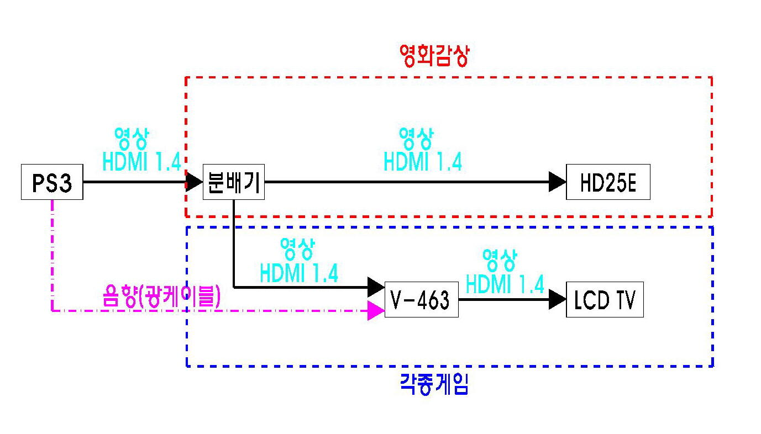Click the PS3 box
(x=52, y=182)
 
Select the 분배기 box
(x=234, y=182)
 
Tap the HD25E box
(x=607, y=182)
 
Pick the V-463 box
(x=421, y=300)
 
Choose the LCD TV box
(x=605, y=300)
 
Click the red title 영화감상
(x=434, y=56)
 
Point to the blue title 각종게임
(x=434, y=384)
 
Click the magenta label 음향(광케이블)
(x=162, y=297)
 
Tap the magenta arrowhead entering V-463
(x=376, y=310)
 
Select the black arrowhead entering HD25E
(x=557, y=182)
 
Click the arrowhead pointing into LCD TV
(x=557, y=300)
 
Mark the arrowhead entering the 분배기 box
(x=194, y=182)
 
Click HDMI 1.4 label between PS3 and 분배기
(x=141, y=161)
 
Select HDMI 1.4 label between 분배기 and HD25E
(x=423, y=161)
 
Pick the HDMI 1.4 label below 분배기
(x=299, y=273)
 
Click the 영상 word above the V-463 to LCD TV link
(x=499, y=258)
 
